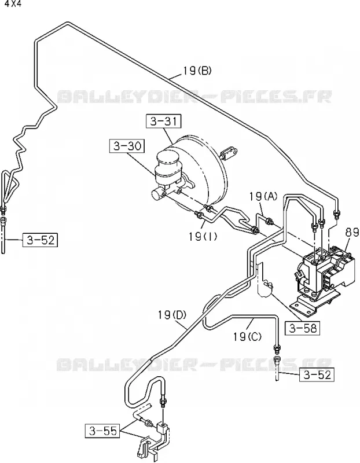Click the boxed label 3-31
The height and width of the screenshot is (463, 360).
pyautogui.click(x=163, y=122)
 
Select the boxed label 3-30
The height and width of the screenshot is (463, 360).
pyautogui.click(x=127, y=146)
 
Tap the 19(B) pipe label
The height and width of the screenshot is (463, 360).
pyautogui.click(x=197, y=71)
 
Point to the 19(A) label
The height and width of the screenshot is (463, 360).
pyautogui.click(x=263, y=196)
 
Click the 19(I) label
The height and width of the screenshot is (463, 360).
pyautogui.click(x=203, y=237)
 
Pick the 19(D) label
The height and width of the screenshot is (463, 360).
pyautogui.click(x=171, y=315)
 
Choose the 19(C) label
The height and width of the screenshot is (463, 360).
pyautogui.click(x=247, y=336)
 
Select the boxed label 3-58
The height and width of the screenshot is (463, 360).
pyautogui.click(x=303, y=328)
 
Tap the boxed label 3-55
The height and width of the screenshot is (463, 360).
pyautogui.click(x=102, y=431)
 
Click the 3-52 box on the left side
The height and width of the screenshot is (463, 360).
pyautogui.click(x=40, y=240)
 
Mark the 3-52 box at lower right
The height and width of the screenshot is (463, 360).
pyautogui.click(x=317, y=374)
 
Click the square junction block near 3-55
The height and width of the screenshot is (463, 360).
pyautogui.click(x=162, y=427)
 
